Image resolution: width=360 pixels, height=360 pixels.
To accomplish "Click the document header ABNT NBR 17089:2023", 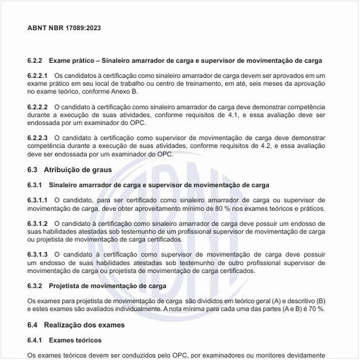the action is tap(64, 29).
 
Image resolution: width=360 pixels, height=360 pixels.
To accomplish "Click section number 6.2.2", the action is tap(35, 61).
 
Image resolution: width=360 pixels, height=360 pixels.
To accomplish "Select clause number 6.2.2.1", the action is tap(38, 76).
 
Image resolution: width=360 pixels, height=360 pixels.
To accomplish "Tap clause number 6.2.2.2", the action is tap(38, 106).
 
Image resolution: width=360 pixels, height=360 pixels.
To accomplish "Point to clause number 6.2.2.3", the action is tap(38, 138).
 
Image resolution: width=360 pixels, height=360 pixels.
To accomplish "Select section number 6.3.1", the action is tap(35, 185).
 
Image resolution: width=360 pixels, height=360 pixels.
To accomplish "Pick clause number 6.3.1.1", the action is tap(38, 200).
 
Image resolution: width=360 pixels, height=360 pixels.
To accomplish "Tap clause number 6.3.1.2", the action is tap(38, 224).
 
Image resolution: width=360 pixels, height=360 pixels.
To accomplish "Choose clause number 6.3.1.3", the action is tap(38, 254).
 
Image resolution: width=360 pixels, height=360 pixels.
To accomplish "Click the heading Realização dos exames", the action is tap(84, 325).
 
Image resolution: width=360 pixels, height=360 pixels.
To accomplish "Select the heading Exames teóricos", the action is tap(75, 340).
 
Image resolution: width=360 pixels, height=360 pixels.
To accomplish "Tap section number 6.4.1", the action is tap(35, 340).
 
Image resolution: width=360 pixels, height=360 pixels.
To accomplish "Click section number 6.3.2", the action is tap(35, 286).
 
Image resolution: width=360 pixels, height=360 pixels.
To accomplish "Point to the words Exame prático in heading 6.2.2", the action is tap(71, 61).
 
